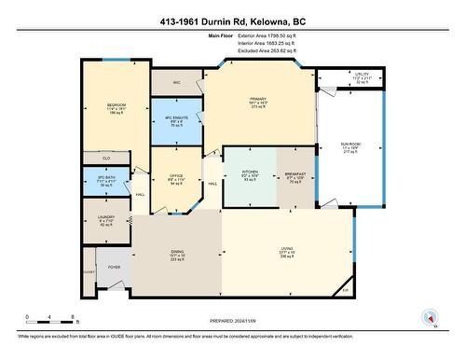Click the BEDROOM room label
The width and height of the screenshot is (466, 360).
click(x=116, y=104)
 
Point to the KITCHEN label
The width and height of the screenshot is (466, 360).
click(x=250, y=173)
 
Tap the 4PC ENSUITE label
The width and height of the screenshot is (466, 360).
click(x=176, y=118)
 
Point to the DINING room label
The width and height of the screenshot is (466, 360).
click(x=174, y=254)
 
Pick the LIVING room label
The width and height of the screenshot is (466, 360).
click(x=286, y=249)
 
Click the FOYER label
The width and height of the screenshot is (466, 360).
click(x=114, y=267)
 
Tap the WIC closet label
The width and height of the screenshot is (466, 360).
click(x=176, y=82)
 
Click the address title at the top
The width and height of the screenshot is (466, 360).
click(x=233, y=17)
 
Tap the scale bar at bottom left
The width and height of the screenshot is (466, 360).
click(x=51, y=320)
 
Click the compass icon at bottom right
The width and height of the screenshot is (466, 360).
click(x=430, y=316)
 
